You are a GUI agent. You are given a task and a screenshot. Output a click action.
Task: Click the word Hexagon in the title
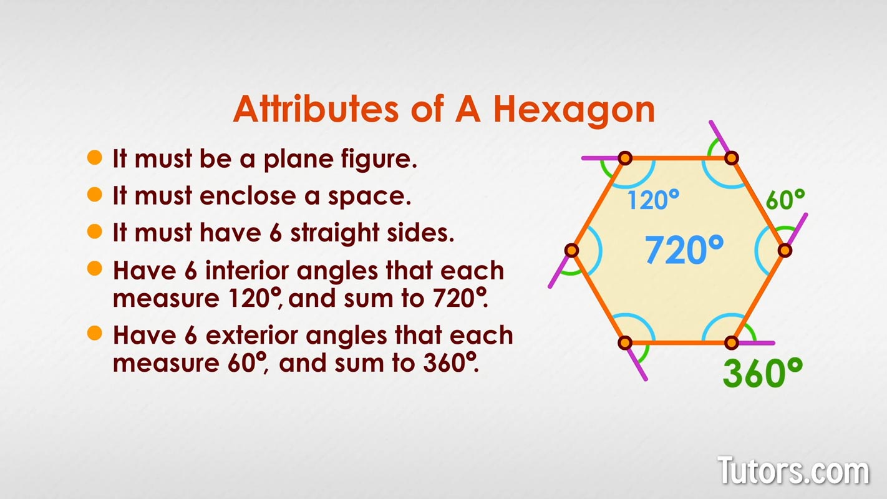point(574,109)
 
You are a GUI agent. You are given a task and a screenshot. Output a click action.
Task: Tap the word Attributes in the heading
point(315,109)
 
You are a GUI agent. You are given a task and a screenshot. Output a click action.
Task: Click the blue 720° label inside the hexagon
point(684,249)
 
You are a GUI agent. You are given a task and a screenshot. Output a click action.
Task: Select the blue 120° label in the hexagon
point(652,200)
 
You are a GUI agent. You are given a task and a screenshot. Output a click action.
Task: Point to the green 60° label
point(785,200)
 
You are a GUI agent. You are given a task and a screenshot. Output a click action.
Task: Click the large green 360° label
point(762,372)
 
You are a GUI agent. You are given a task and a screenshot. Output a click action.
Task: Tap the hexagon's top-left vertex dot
point(625,158)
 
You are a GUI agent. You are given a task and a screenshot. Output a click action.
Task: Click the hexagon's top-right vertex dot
point(732,158)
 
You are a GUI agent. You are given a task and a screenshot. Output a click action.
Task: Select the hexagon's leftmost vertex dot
point(571,251)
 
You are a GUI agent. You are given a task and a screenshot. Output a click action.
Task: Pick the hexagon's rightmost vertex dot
point(785,251)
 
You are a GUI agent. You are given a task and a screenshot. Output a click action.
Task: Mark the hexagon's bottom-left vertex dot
point(625,342)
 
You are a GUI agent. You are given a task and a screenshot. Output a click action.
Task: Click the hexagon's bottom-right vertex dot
point(732,342)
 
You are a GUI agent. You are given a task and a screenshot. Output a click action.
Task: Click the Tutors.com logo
point(793,470)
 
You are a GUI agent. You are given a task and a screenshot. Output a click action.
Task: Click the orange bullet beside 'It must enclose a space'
point(95,195)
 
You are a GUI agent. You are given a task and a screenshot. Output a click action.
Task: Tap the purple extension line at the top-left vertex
point(599,158)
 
